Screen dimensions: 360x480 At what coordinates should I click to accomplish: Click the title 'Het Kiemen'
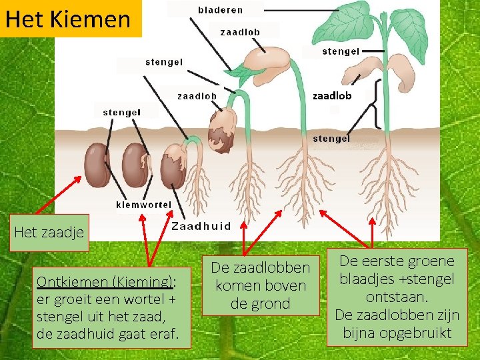tap(67, 19)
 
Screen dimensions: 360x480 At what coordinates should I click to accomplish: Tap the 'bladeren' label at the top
tap(221, 10)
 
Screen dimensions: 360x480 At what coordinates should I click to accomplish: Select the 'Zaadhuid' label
tap(201, 226)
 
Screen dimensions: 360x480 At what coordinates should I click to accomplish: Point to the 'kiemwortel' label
tap(143, 205)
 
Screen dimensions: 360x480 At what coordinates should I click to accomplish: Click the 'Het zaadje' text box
tap(49, 232)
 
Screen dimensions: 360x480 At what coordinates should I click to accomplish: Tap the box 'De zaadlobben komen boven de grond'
tap(261, 285)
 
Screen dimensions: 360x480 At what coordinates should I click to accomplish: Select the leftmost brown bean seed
tap(97, 165)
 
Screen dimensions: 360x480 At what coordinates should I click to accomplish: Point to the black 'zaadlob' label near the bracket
tap(332, 95)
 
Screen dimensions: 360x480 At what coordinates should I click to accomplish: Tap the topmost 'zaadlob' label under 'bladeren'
tap(240, 31)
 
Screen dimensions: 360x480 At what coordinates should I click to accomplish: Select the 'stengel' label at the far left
tap(121, 113)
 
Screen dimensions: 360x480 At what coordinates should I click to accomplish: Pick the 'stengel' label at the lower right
tap(331, 139)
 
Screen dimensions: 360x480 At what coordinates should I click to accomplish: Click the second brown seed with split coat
tap(135, 165)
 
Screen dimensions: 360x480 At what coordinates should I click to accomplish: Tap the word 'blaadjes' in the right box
tap(369, 279)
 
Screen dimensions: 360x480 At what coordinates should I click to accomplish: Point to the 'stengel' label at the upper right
tap(341, 51)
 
